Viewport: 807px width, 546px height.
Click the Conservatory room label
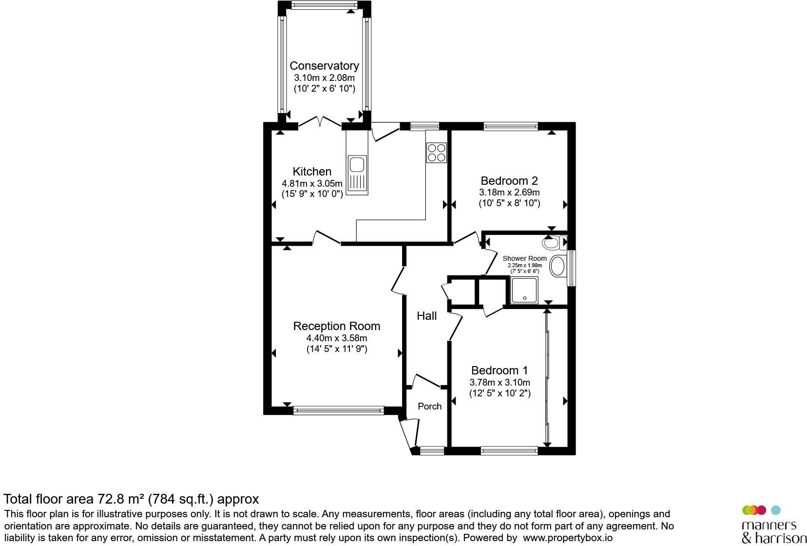[x=324, y=66]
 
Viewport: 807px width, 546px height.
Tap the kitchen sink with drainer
[x=357, y=175]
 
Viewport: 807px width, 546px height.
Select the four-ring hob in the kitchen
[x=437, y=153]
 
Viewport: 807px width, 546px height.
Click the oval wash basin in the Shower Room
[x=557, y=266]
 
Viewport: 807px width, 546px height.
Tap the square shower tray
[x=524, y=290]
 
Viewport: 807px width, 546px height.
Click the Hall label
[x=426, y=316]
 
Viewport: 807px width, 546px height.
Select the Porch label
[x=429, y=406]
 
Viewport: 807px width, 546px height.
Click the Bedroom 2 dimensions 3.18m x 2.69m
[x=509, y=193]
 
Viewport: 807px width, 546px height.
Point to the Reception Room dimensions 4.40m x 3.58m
[x=336, y=338]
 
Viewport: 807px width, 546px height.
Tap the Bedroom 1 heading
[x=500, y=370]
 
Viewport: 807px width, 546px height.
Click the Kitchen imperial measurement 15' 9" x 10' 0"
[x=312, y=194]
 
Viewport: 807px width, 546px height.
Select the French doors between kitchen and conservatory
[x=320, y=122]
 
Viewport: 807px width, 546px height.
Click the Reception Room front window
[x=339, y=410]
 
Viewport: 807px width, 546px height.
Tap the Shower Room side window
[x=572, y=268]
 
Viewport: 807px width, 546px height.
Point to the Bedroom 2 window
[x=511, y=126]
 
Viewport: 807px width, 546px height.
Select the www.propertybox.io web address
[x=568, y=538]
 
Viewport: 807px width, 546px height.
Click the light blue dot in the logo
[x=776, y=510]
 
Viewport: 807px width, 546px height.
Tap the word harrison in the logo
[x=781, y=538]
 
